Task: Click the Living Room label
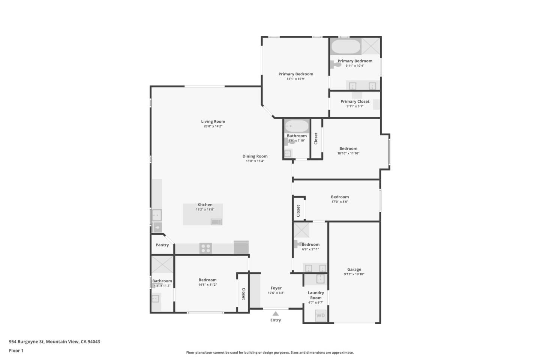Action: [x=213, y=121]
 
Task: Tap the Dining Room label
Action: [x=255, y=156]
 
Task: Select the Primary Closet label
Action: [x=355, y=102]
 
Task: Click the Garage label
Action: [x=354, y=270]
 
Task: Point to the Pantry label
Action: [x=162, y=245]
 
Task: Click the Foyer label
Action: [x=276, y=288]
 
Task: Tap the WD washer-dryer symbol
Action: [x=321, y=315]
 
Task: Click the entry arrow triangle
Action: [x=276, y=313]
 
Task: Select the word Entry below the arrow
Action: [x=276, y=320]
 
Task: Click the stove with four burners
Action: [x=205, y=248]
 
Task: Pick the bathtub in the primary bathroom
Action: [x=346, y=47]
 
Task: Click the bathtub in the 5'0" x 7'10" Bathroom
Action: [x=297, y=126]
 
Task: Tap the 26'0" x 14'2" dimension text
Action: [x=213, y=126]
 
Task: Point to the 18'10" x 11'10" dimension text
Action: [x=348, y=153]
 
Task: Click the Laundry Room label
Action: [x=316, y=295]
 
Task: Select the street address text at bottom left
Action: [x=54, y=342]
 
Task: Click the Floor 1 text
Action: [x=16, y=351]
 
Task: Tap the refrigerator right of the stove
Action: [x=241, y=247]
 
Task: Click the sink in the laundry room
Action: [x=320, y=279]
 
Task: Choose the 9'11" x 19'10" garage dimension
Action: [x=354, y=274]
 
